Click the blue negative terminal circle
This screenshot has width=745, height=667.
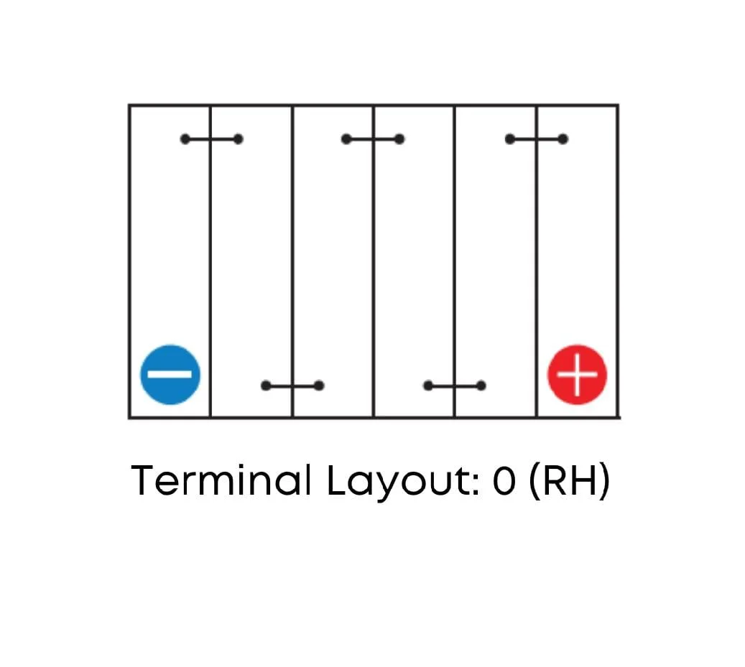coord(170,375)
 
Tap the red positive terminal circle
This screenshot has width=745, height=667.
coord(578,375)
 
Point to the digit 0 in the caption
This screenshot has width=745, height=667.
coord(504,480)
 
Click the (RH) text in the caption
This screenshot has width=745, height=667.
coord(569,481)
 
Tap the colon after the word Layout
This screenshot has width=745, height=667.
coord(476,484)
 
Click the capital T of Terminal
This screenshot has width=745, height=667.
coord(144,480)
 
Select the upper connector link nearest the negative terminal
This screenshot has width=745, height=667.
coord(211,139)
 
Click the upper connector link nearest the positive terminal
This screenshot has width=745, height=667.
coord(537,139)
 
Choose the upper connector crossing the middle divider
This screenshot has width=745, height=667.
coord(373,139)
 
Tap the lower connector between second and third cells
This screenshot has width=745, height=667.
coord(292,386)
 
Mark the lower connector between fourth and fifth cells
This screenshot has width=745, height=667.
coord(455,386)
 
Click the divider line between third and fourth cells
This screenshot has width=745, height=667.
coord(374,261)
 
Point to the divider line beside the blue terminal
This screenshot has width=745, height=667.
coord(210,261)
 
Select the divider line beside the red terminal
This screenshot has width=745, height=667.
coord(537,261)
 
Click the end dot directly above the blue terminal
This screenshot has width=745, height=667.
coord(185,139)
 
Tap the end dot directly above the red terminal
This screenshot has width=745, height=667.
coord(563,139)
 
